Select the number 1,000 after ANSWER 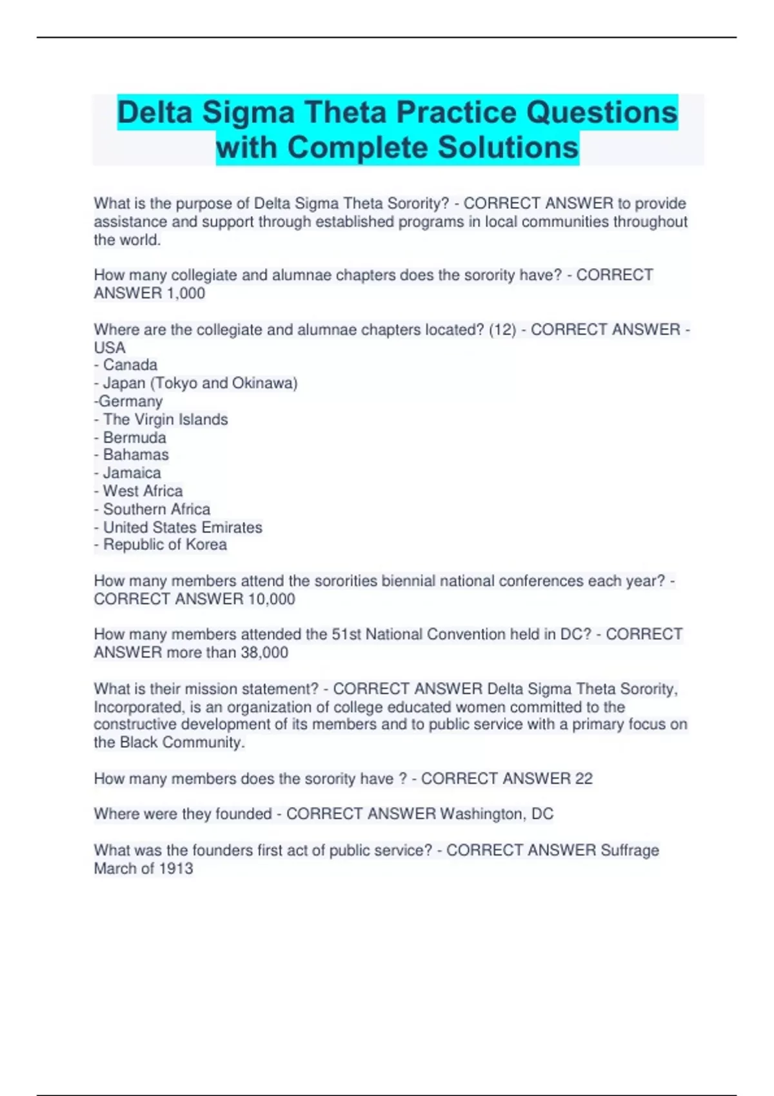click(x=186, y=293)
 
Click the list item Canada click(x=130, y=365)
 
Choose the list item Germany click(x=130, y=401)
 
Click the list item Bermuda click(x=134, y=437)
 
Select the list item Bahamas click(x=135, y=455)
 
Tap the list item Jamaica click(x=132, y=473)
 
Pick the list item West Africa click(x=143, y=491)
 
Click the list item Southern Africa click(x=157, y=509)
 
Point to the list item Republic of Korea click(x=165, y=545)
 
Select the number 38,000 click(x=264, y=652)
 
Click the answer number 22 click(x=583, y=779)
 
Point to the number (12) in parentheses click(x=502, y=329)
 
